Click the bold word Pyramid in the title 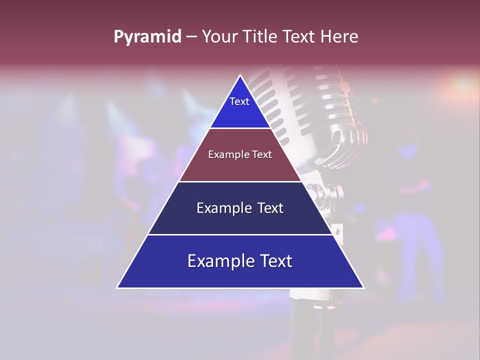pyautogui.click(x=147, y=37)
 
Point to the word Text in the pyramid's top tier pyautogui.click(x=239, y=101)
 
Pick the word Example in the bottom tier pyautogui.click(x=220, y=261)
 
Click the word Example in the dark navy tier pyautogui.click(x=223, y=208)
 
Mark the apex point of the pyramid pyautogui.click(x=240, y=75)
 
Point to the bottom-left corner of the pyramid pyautogui.click(x=117, y=287)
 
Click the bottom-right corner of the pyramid pyautogui.click(x=363, y=287)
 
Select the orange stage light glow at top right pyautogui.click(x=462, y=82)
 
